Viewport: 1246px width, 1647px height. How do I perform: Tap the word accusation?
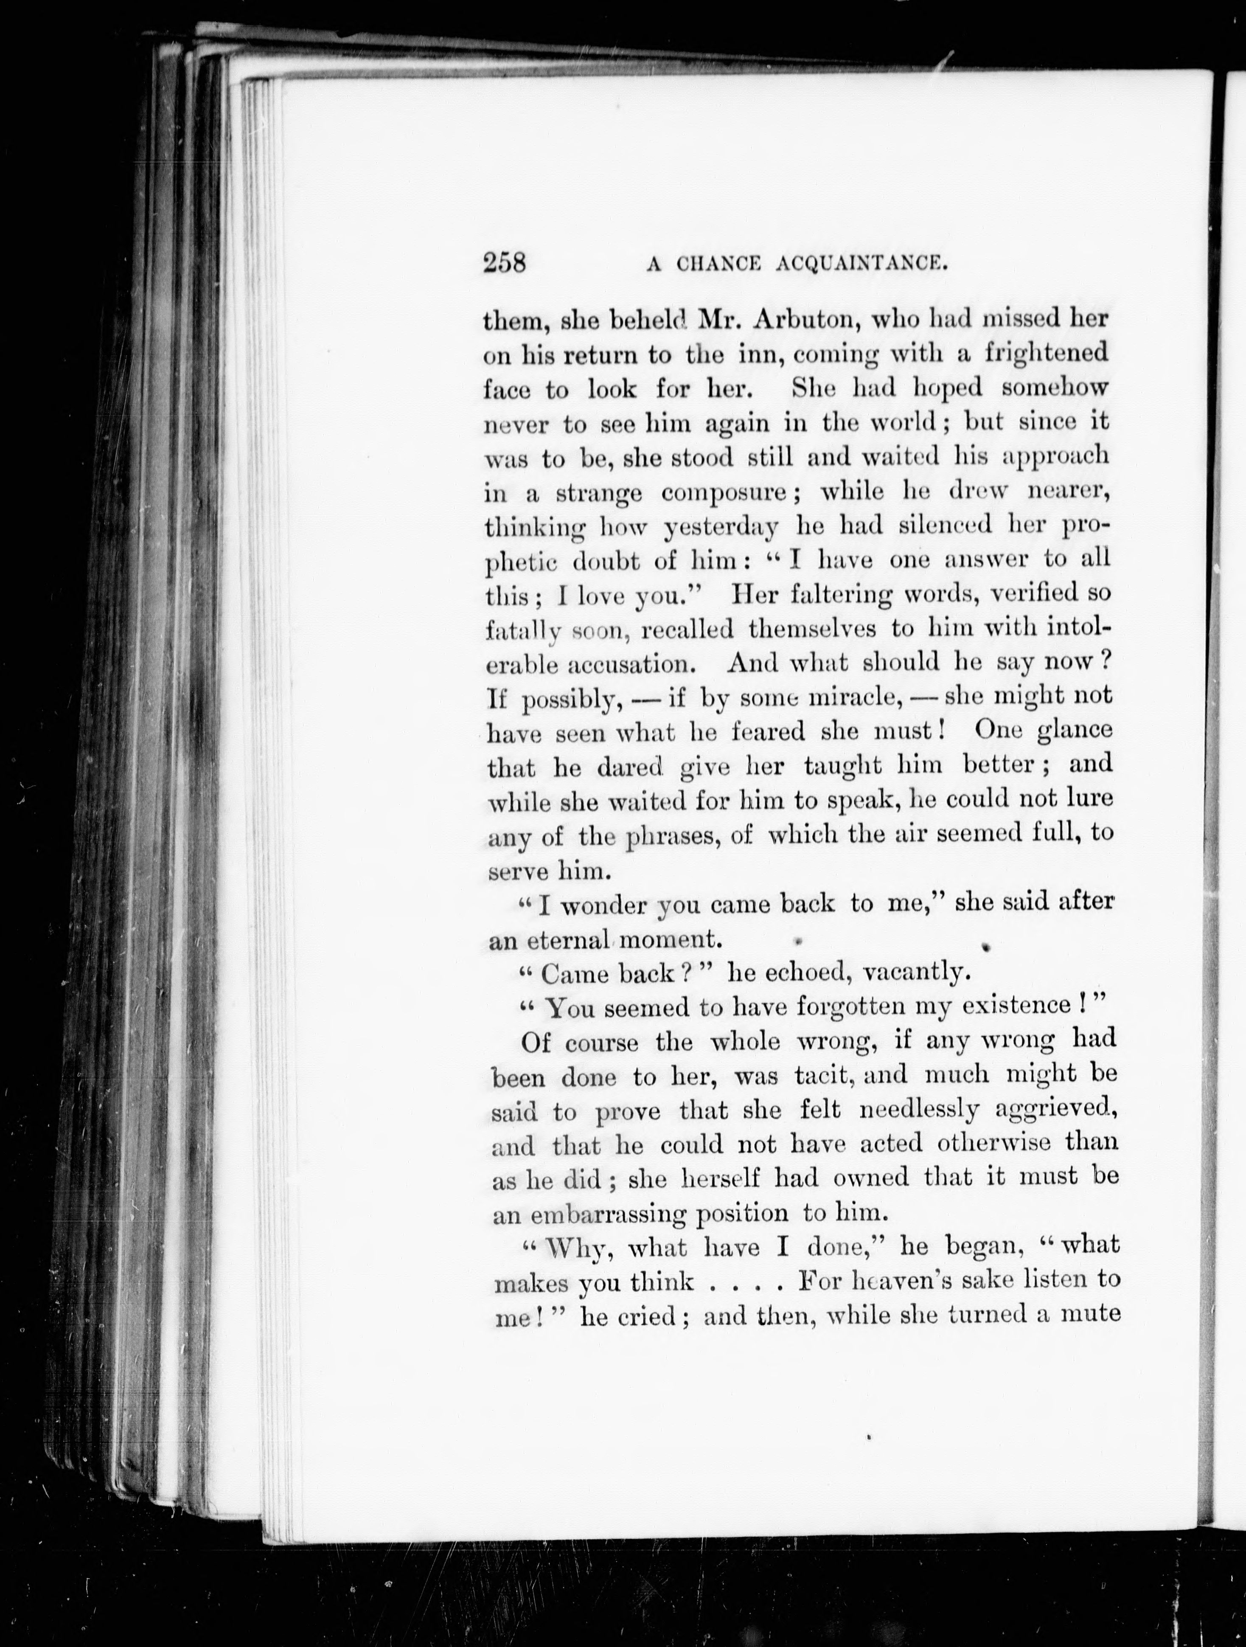[x=637, y=663]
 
